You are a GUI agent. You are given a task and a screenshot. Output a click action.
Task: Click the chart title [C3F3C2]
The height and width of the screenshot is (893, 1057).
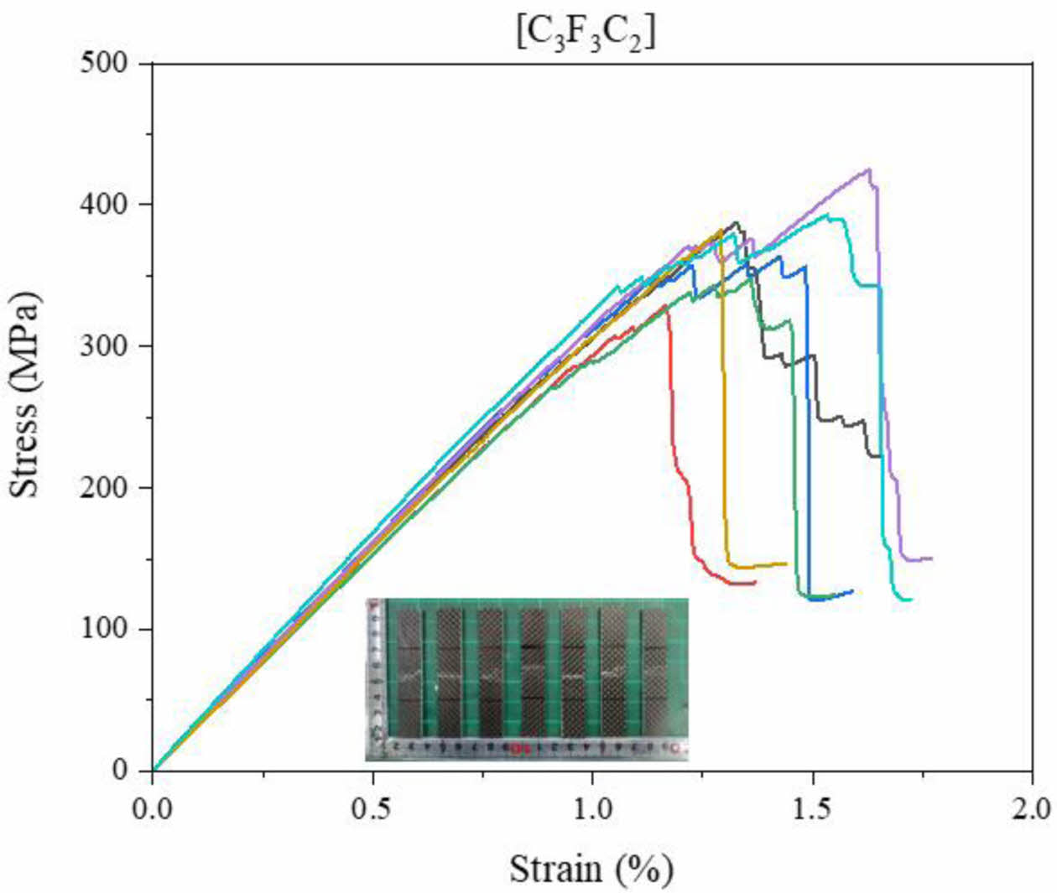coord(585,33)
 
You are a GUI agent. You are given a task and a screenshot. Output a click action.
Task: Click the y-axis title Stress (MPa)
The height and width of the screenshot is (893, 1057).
coord(25,394)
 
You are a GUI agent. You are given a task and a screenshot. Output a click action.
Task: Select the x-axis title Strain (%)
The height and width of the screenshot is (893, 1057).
coord(591,869)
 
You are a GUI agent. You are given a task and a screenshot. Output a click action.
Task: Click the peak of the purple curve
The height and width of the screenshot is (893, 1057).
coord(869,169)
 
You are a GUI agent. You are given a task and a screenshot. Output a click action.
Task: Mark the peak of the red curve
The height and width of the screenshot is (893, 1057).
coord(666,307)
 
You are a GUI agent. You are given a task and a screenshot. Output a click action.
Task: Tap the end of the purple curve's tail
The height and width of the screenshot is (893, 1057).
coord(931,558)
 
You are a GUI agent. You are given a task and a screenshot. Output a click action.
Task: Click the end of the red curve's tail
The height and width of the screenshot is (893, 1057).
coord(755,582)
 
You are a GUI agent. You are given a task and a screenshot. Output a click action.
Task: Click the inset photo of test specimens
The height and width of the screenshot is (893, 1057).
coord(527,679)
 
